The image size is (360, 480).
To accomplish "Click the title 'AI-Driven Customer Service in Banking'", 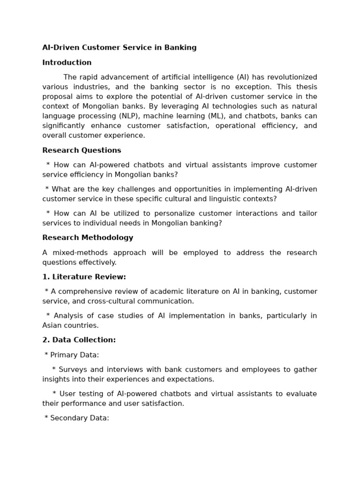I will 119,47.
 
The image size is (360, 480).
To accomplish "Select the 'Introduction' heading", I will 67,62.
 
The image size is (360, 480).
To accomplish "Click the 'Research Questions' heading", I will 82,150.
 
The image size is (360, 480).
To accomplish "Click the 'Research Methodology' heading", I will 88,238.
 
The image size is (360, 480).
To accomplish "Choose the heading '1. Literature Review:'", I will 84,277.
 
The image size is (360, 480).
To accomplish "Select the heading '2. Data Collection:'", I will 79,340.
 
